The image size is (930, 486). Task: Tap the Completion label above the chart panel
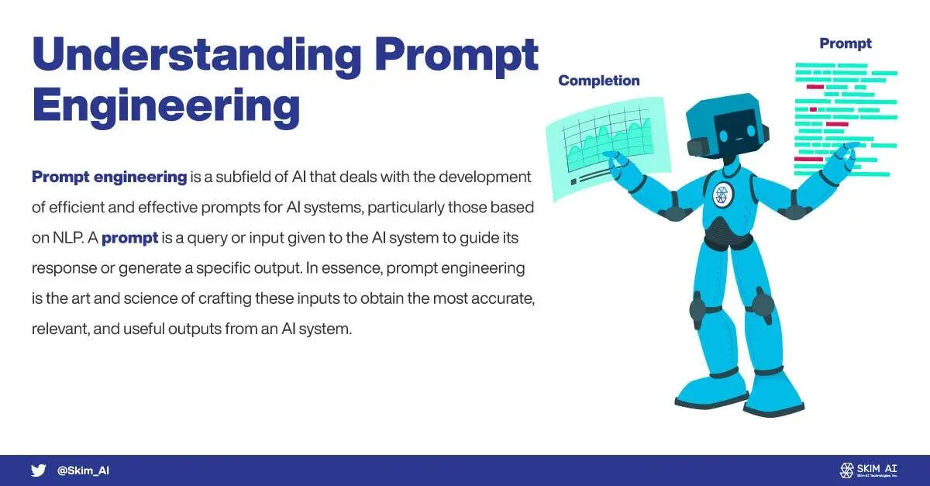(x=598, y=81)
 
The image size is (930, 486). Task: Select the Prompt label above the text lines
(x=846, y=43)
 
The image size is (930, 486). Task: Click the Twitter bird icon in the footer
(x=38, y=470)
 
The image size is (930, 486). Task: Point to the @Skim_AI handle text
(x=83, y=470)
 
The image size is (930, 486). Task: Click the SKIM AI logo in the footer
(x=868, y=470)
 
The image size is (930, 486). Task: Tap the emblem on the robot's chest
(x=722, y=195)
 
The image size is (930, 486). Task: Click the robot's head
(x=727, y=126)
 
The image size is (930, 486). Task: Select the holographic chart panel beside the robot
(x=608, y=146)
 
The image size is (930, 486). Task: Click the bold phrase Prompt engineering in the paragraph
(x=109, y=177)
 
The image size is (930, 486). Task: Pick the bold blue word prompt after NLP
(x=129, y=238)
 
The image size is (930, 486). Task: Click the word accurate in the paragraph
(x=502, y=298)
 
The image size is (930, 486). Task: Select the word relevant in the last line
(x=60, y=329)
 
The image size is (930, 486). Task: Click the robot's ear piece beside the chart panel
(x=697, y=146)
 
